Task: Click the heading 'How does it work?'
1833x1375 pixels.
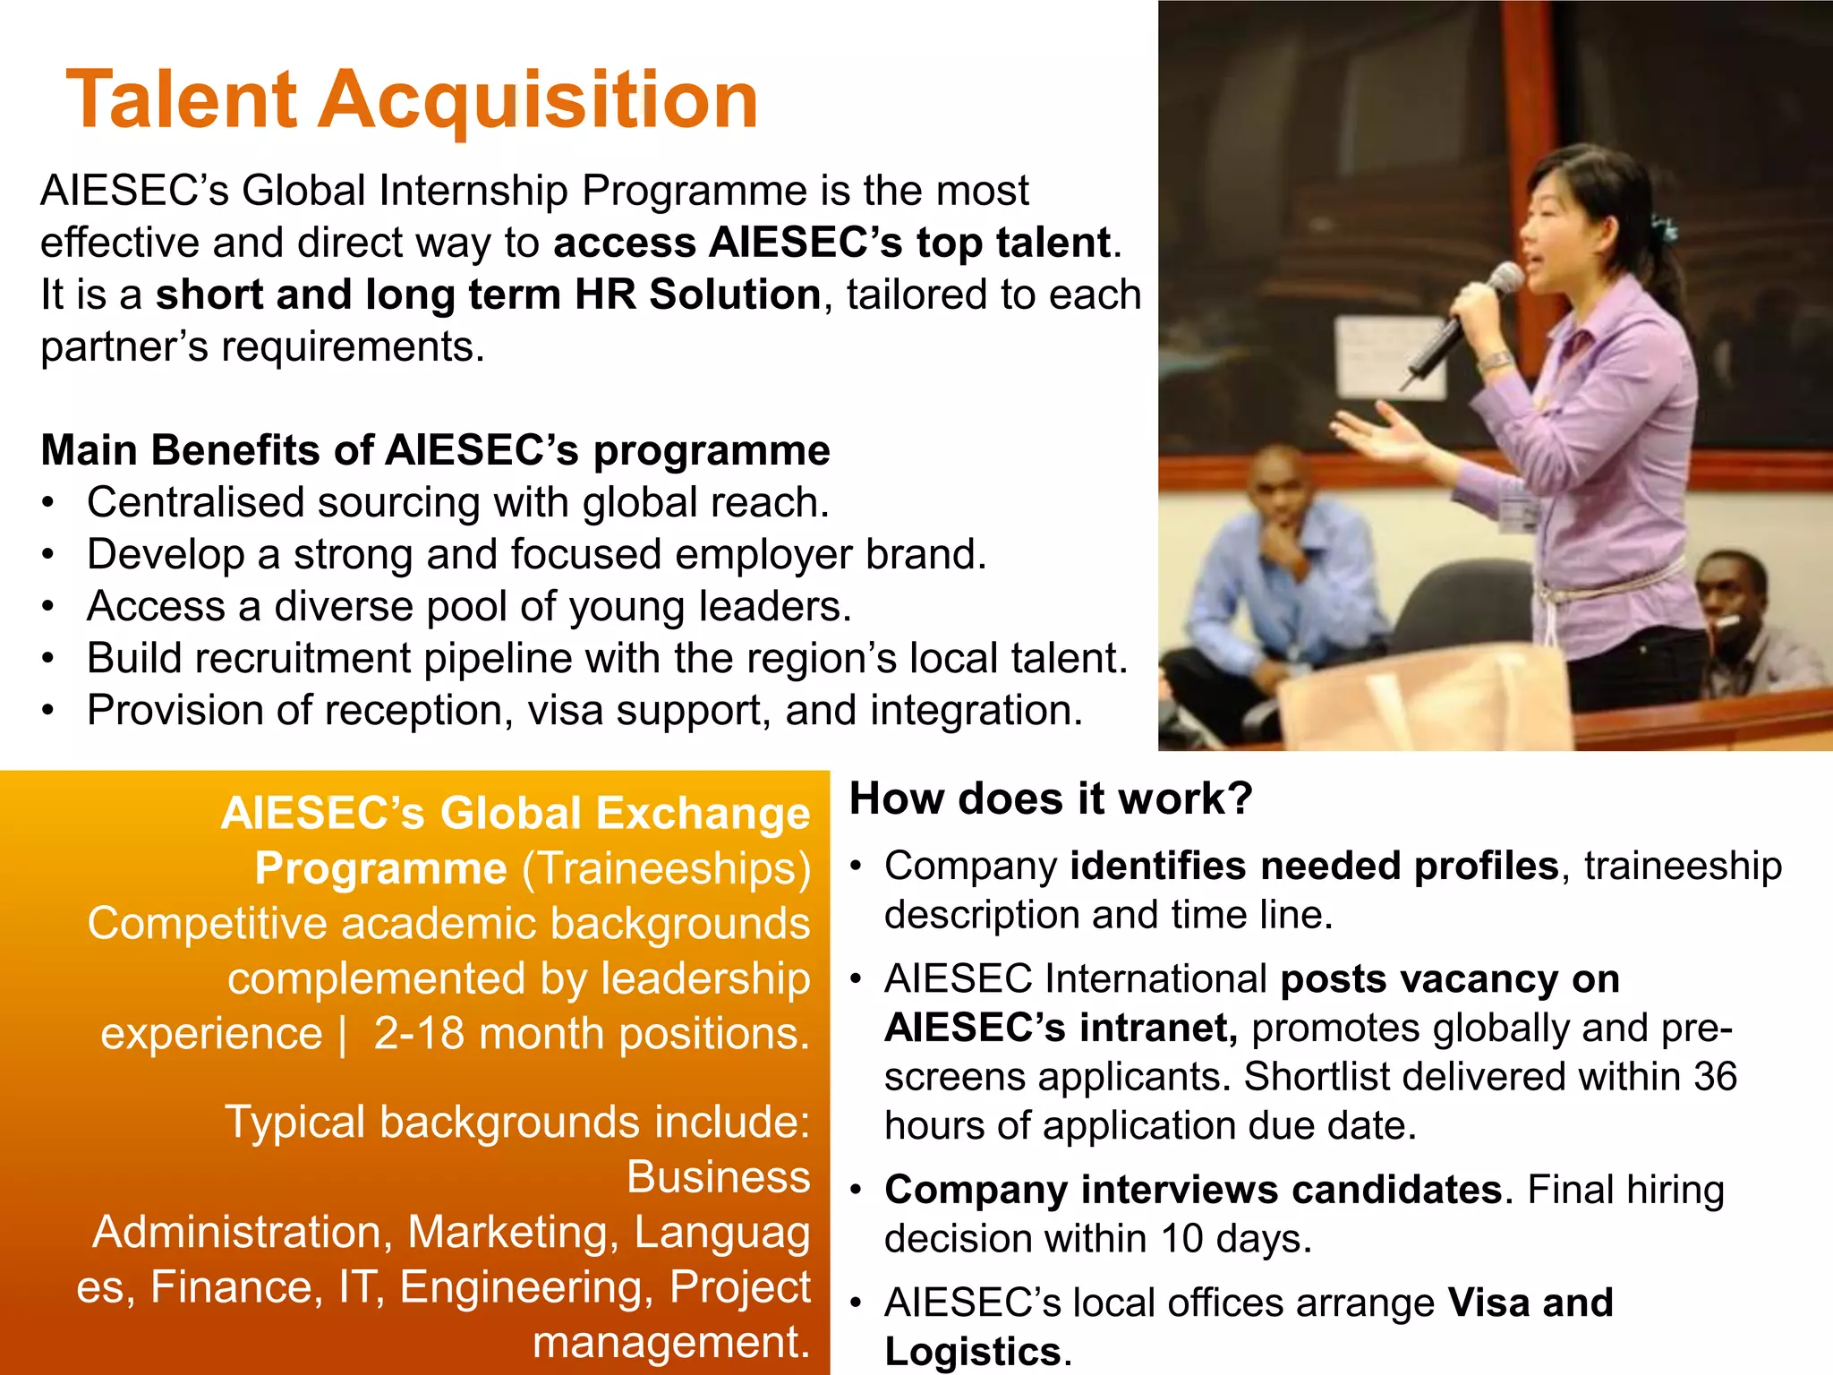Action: tap(1051, 798)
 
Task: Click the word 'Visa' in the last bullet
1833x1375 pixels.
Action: tap(1487, 1302)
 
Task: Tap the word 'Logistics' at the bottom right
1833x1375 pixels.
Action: tap(972, 1352)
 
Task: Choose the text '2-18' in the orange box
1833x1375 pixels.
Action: tap(418, 1033)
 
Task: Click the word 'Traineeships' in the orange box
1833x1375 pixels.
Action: tap(667, 868)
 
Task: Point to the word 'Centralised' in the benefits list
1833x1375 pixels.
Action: tap(194, 502)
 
